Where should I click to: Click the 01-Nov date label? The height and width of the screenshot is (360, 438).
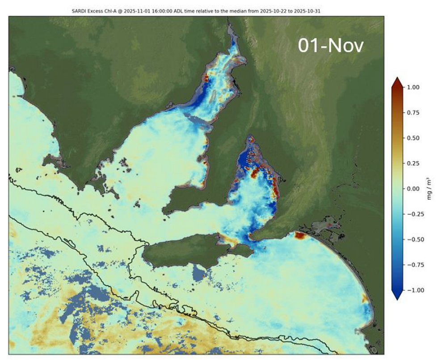(x=331, y=46)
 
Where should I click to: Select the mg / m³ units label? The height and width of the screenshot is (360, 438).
(x=429, y=189)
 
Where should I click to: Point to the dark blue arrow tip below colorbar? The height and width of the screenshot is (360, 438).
(x=398, y=296)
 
